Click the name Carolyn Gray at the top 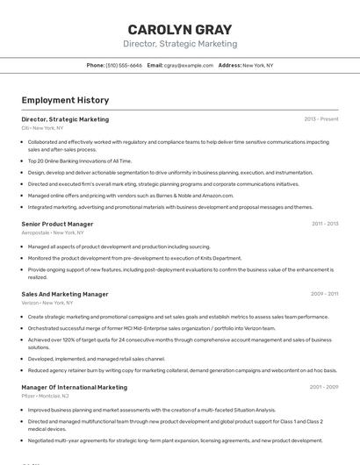point(180,28)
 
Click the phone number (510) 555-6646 point(124,65)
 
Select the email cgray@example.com point(189,65)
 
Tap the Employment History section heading point(65,100)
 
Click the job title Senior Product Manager point(57,224)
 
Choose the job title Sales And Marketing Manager point(65,294)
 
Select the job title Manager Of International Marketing point(74,387)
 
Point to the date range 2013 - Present point(321,119)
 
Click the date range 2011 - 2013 point(325,224)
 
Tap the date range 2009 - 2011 point(325,294)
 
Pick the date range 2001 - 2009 point(324,387)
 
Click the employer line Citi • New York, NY point(42,128)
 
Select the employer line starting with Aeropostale point(53,232)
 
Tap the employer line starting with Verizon point(47,303)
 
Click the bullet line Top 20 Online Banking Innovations point(80,161)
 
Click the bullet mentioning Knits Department point(134,258)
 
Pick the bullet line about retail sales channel point(97,358)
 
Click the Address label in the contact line point(229,65)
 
